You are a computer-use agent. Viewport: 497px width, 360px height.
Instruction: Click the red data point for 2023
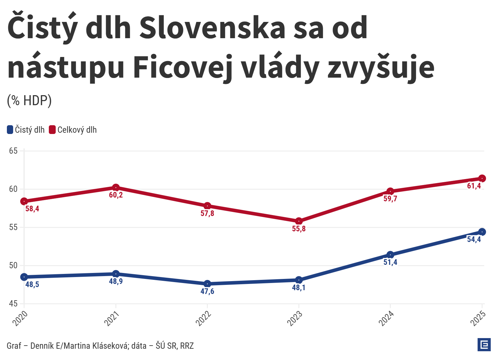click(299, 221)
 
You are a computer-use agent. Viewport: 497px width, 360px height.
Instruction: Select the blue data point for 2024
click(390, 255)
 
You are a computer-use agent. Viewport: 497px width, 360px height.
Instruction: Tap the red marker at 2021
click(116, 188)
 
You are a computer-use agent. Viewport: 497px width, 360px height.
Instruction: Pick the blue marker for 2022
click(207, 284)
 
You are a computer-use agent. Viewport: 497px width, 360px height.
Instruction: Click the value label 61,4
click(474, 186)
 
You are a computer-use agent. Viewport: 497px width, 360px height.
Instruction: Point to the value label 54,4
click(474, 239)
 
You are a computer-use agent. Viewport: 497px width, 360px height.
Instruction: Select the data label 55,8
click(299, 229)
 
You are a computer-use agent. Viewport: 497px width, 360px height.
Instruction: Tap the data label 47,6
click(207, 291)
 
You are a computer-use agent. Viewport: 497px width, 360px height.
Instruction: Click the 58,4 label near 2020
click(32, 209)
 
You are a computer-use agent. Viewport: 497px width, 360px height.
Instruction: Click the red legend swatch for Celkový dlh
click(52, 130)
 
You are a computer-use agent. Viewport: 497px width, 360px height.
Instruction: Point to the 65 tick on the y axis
click(13, 151)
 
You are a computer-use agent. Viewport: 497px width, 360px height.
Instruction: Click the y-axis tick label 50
click(13, 265)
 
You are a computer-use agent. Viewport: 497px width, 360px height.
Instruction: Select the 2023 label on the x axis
click(295, 318)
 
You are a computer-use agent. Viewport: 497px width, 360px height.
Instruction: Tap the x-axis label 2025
click(478, 318)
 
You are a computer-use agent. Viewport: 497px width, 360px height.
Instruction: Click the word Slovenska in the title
click(212, 28)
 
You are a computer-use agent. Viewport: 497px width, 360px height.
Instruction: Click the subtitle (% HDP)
click(29, 100)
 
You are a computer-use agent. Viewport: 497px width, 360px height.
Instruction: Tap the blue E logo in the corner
click(484, 345)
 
